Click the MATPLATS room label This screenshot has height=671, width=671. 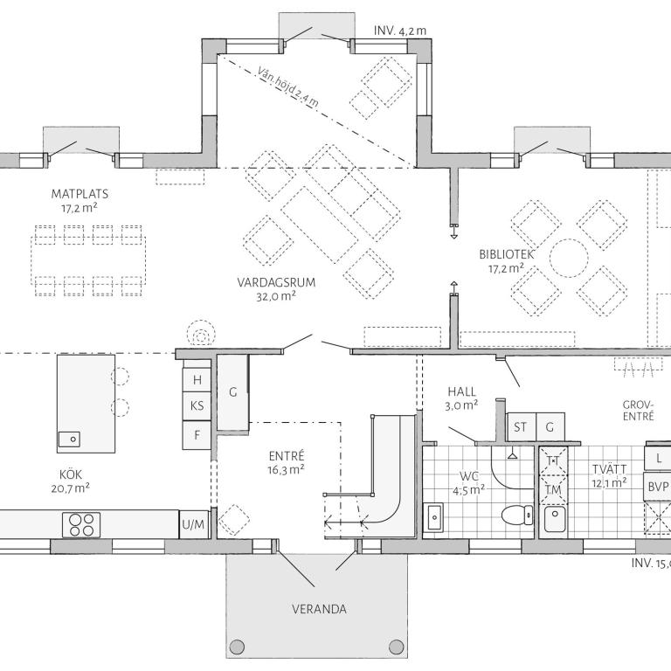[80, 194]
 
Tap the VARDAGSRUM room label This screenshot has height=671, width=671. [276, 282]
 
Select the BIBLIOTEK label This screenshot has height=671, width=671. [507, 254]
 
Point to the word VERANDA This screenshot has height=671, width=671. [319, 609]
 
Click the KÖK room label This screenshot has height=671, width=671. [71, 474]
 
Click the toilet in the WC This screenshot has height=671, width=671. [517, 515]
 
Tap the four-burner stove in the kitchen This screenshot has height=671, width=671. [81, 525]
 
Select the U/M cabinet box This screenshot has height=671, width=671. [193, 524]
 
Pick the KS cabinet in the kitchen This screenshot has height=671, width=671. [197, 405]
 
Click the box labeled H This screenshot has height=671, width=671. [197, 380]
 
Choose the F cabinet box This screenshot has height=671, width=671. [197, 435]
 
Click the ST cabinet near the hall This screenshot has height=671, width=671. [521, 427]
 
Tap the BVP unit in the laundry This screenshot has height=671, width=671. [658, 487]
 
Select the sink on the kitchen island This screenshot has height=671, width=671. [69, 439]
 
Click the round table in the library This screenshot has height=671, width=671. [569, 259]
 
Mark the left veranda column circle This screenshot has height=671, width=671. [237, 647]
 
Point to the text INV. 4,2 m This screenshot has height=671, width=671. [400, 31]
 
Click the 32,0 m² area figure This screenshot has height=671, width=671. [276, 296]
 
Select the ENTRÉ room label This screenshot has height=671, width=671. [287, 455]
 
